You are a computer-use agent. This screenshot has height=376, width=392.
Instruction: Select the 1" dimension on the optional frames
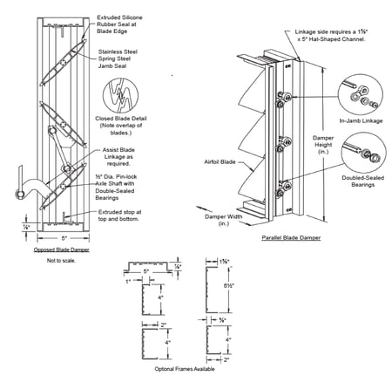click(128, 281)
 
